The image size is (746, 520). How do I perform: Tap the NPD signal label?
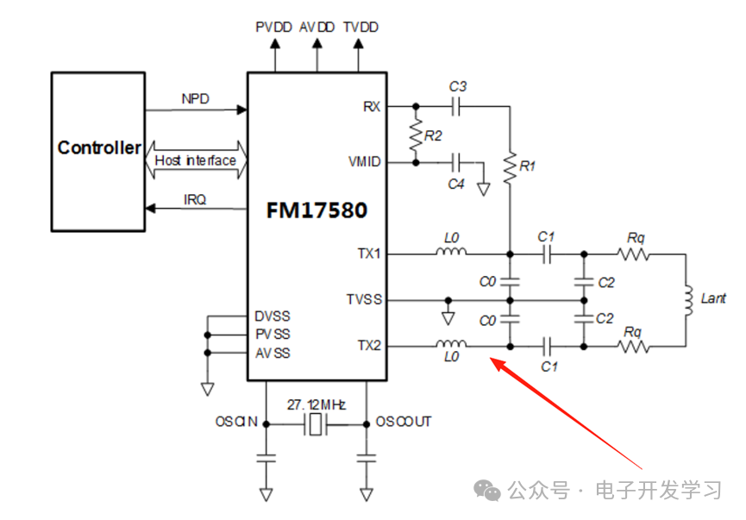(x=196, y=99)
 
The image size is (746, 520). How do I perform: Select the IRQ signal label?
(x=195, y=199)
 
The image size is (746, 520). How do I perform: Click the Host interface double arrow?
(x=196, y=160)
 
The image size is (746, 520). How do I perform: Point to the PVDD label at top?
(x=274, y=28)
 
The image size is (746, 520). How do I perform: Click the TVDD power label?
(x=360, y=28)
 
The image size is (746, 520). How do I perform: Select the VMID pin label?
(x=364, y=162)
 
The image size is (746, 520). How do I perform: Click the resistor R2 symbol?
(x=417, y=134)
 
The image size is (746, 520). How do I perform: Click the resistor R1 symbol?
(x=510, y=167)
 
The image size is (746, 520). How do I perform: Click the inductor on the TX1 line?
(x=450, y=253)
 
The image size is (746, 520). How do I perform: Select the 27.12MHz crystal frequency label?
(x=317, y=404)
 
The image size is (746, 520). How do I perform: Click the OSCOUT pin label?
(x=404, y=422)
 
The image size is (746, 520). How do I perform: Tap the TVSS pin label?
(x=364, y=300)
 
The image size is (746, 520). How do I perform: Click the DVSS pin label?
(x=273, y=316)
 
